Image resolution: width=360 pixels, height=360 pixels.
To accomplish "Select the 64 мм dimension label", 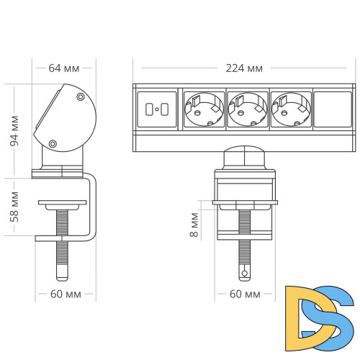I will (63, 68).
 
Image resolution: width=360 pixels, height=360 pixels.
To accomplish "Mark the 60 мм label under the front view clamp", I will (245, 295).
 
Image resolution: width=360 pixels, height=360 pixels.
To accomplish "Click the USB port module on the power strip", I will (156, 109).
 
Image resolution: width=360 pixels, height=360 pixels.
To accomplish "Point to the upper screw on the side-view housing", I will (80, 96).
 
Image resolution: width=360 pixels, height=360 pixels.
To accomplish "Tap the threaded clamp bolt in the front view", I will (245, 245).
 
